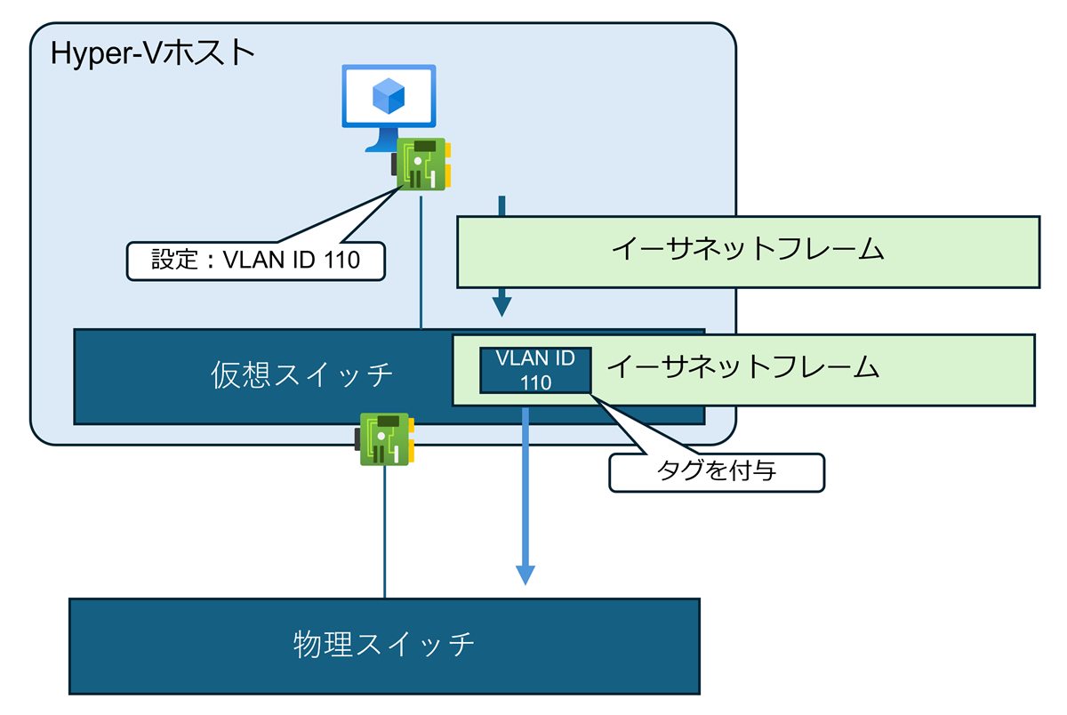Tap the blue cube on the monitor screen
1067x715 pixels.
(x=389, y=95)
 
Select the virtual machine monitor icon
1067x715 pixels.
(x=389, y=102)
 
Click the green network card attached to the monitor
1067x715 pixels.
(x=421, y=164)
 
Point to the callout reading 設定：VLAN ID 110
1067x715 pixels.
(x=256, y=261)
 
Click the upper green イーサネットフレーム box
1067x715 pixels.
(x=748, y=252)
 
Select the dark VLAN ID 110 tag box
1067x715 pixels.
(x=535, y=370)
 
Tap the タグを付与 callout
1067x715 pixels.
(x=717, y=471)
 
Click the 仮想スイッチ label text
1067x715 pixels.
(x=302, y=376)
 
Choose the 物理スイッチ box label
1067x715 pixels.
(x=384, y=644)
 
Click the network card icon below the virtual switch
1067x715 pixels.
(x=383, y=438)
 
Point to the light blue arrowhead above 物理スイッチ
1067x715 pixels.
(x=525, y=574)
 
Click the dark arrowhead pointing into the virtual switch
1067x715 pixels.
(x=502, y=306)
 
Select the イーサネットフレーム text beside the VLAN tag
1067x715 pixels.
(x=742, y=367)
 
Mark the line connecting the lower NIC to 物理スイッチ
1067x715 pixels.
(x=385, y=534)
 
